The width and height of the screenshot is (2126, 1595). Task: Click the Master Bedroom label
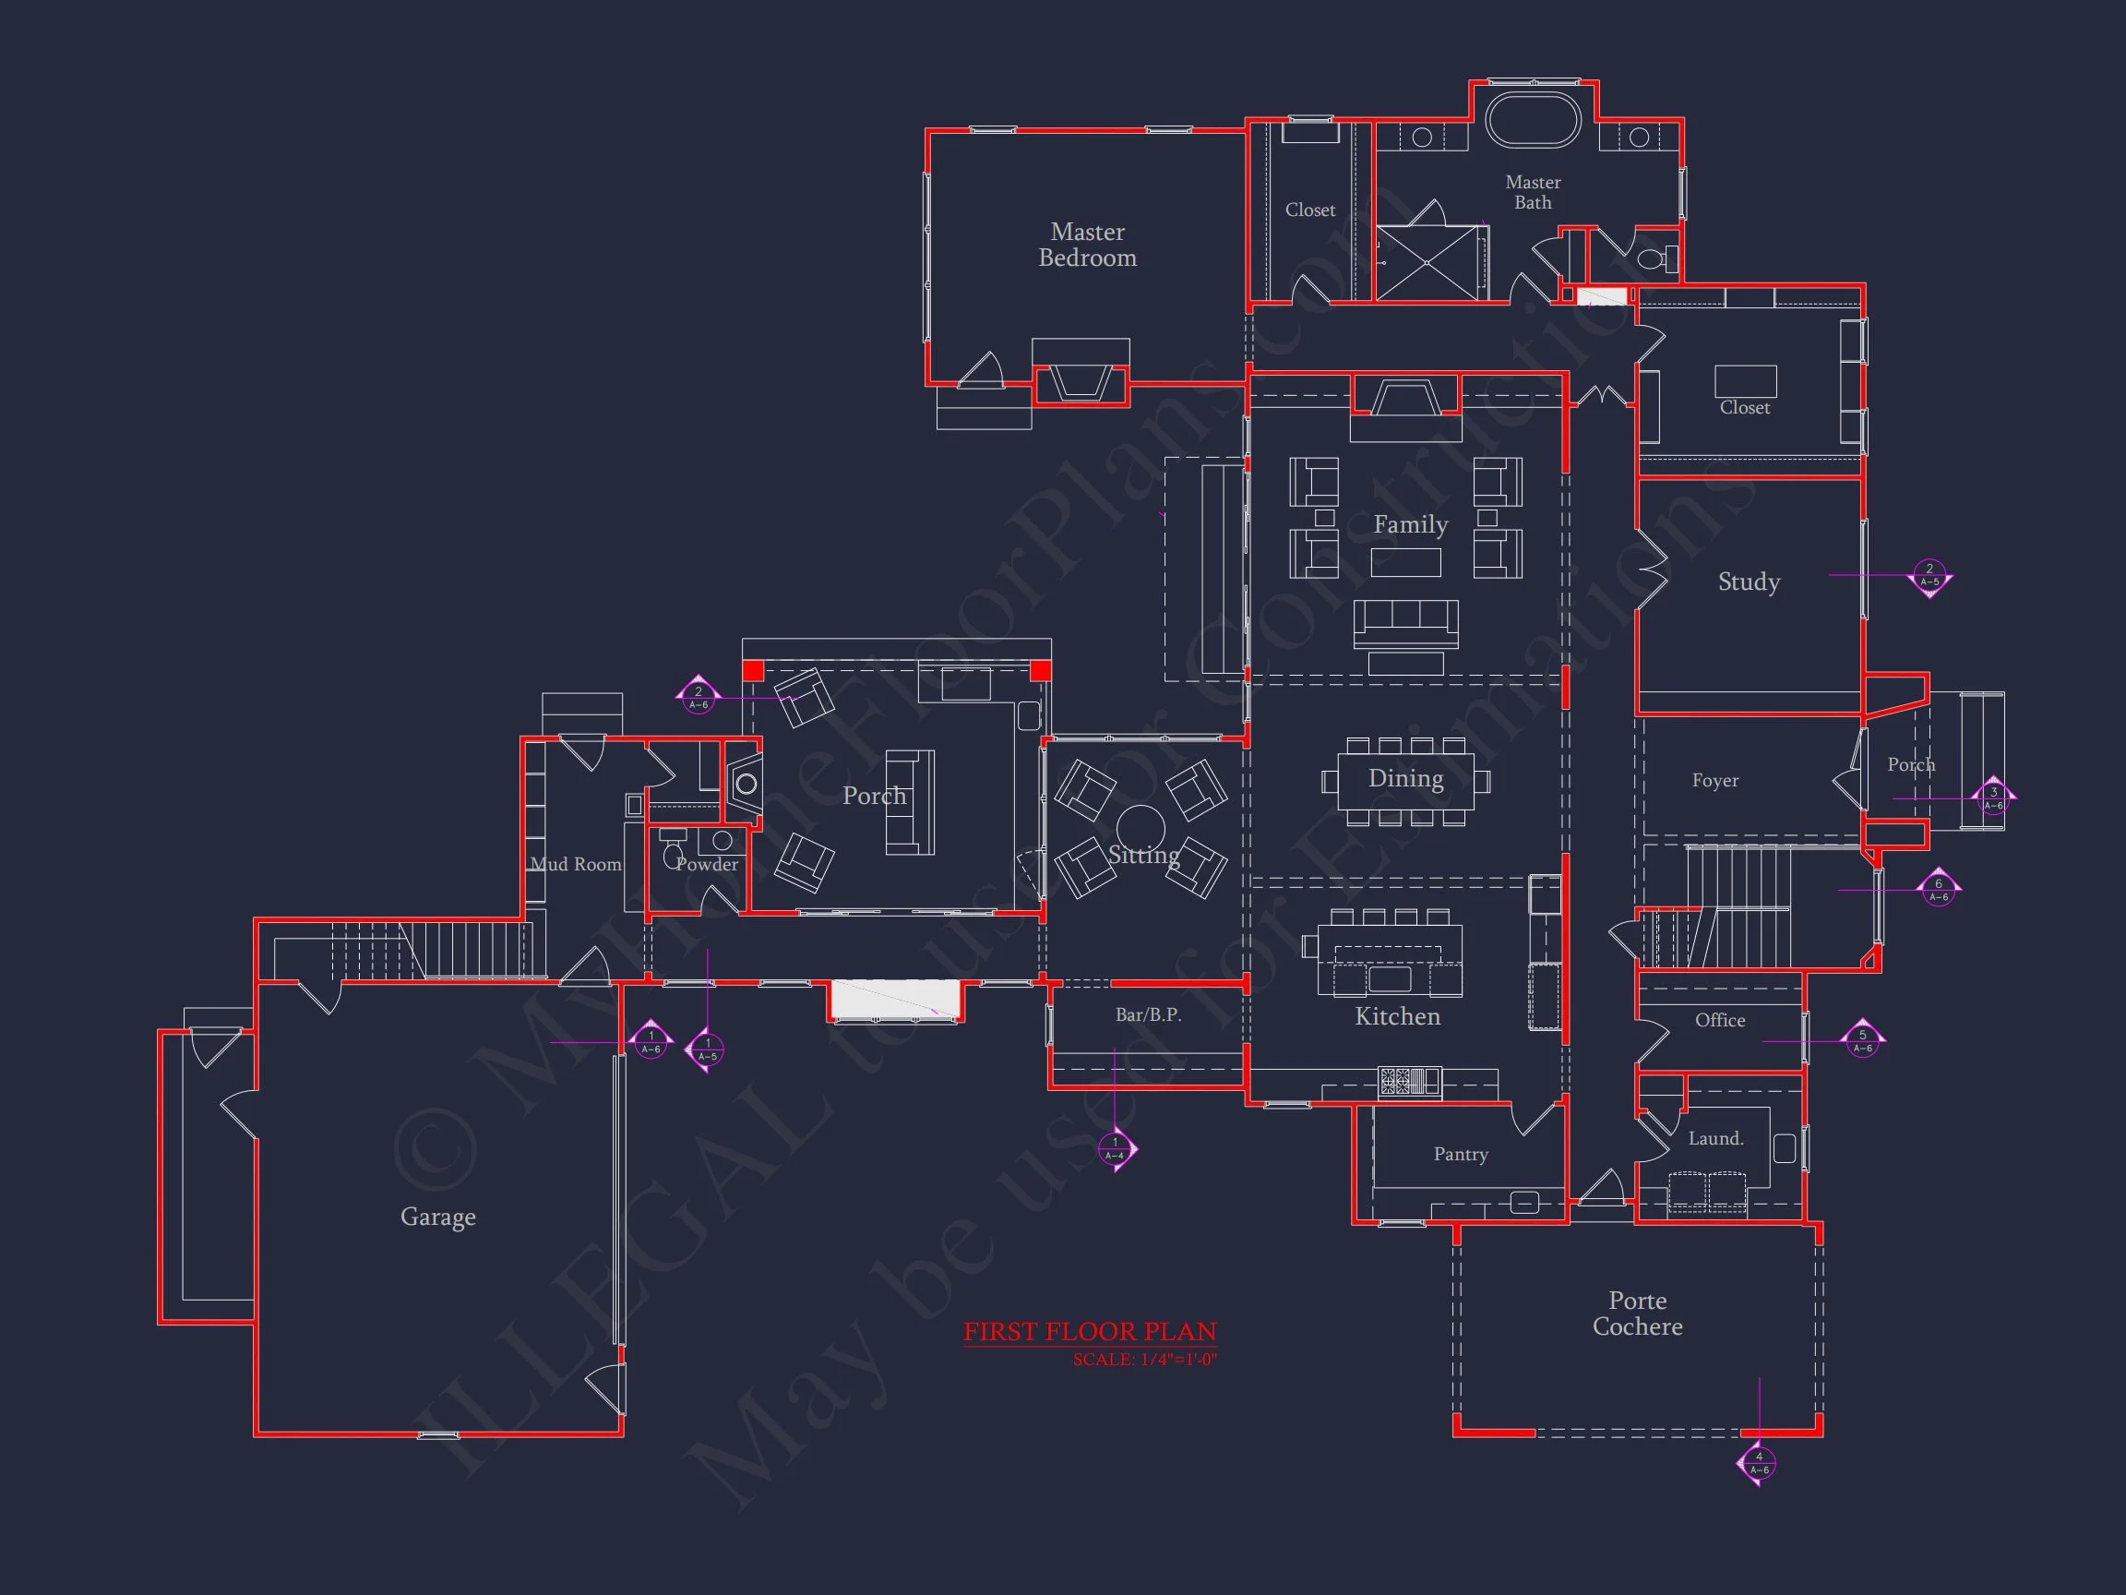(x=1087, y=245)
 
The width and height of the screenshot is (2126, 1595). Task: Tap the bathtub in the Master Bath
(x=1532, y=120)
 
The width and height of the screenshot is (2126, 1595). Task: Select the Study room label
(x=1749, y=582)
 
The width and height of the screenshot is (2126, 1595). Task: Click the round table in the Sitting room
(x=1140, y=828)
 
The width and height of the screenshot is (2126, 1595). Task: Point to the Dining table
(x=1405, y=780)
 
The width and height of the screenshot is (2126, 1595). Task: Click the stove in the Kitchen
(x=1409, y=1081)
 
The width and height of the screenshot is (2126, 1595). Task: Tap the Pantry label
(x=1460, y=1154)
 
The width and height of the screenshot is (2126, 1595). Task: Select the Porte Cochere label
(x=1637, y=1313)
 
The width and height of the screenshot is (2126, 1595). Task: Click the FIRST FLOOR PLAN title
(x=1089, y=1332)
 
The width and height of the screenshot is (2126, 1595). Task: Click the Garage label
(x=437, y=1217)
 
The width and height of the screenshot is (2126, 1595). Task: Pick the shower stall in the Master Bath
(x=1428, y=262)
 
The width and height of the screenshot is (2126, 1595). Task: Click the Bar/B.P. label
(x=1148, y=1014)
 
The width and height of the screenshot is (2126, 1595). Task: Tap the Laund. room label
(x=1714, y=1138)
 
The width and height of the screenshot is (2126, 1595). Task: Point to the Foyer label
(x=1714, y=781)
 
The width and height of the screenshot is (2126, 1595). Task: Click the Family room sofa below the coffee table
(x=1405, y=623)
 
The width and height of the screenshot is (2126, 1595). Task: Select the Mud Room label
(x=576, y=864)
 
